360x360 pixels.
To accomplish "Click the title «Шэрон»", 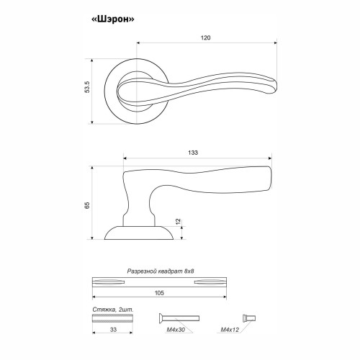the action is pyautogui.click(x=113, y=19).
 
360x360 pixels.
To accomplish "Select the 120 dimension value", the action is pyautogui.click(x=205, y=37).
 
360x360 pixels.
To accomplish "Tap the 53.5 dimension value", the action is pyautogui.click(x=87, y=87).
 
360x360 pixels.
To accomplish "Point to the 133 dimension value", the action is pyautogui.click(x=193, y=153).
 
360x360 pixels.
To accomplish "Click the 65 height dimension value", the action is pyautogui.click(x=87, y=205).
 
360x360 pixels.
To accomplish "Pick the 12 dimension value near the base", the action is pyautogui.click(x=179, y=222).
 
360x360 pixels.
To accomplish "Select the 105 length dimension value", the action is pyautogui.click(x=159, y=293).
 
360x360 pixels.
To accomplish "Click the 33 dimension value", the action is pyautogui.click(x=113, y=330).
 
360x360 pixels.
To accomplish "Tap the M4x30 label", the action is pyautogui.click(x=176, y=330).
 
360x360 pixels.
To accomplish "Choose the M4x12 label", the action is pyautogui.click(x=230, y=330).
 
